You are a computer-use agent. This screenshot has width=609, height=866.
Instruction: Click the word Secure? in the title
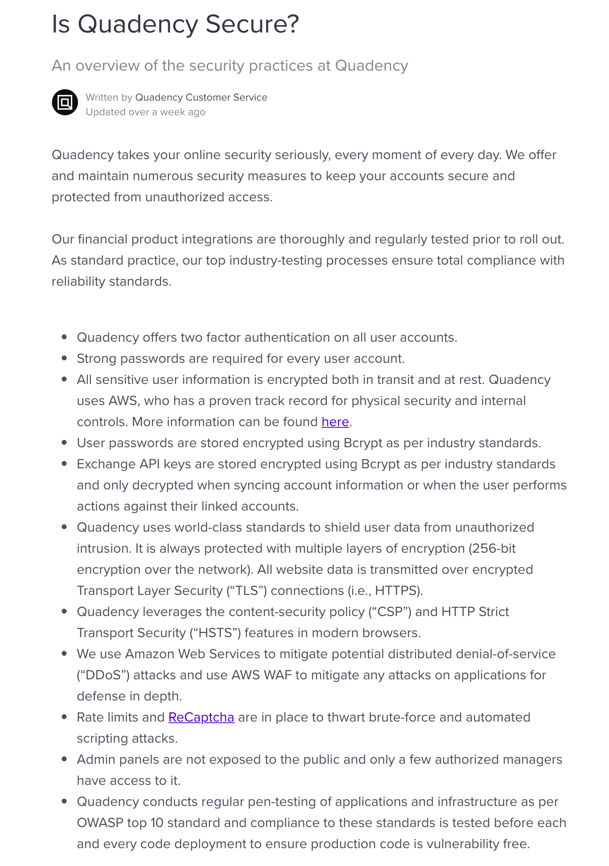252,24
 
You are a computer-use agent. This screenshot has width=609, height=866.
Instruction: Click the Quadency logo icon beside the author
65,102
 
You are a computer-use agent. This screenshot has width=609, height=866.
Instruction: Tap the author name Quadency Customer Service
201,97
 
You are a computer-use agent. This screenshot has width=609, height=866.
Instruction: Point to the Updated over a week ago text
145,112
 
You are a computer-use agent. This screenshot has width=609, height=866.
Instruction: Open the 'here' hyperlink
335,422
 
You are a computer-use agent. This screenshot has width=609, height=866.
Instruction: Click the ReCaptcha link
201,717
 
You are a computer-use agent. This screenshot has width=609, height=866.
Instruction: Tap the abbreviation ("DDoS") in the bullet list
103,675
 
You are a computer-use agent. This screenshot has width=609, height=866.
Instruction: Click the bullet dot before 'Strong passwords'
64,358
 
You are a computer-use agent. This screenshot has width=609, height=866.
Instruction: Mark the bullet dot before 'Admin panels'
64,759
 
